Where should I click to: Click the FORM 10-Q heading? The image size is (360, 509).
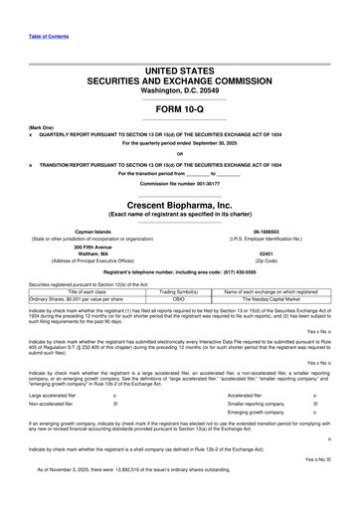click(180, 110)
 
